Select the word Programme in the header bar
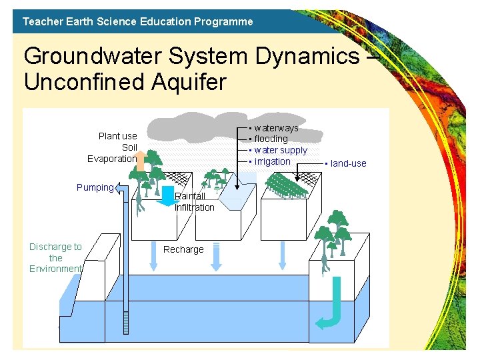pyautogui.click(x=223, y=21)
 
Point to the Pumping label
pyautogui.click(x=95, y=187)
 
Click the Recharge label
pyautogui.click(x=183, y=249)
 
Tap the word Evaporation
pyautogui.click(x=112, y=159)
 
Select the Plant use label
pyautogui.click(x=117, y=136)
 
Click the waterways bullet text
pyautogui.click(x=276, y=127)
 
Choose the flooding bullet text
pyautogui.click(x=271, y=139)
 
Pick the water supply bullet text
pyautogui.click(x=281, y=150)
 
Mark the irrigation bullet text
pyautogui.click(x=272, y=161)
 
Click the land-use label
pyautogui.click(x=348, y=163)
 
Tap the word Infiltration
pyautogui.click(x=195, y=207)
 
